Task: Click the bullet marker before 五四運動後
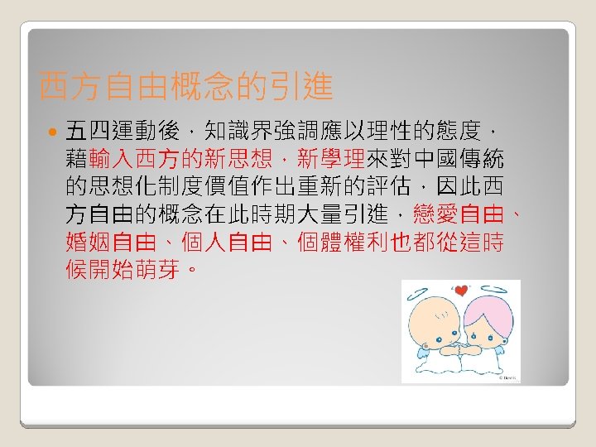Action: click(x=52, y=132)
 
